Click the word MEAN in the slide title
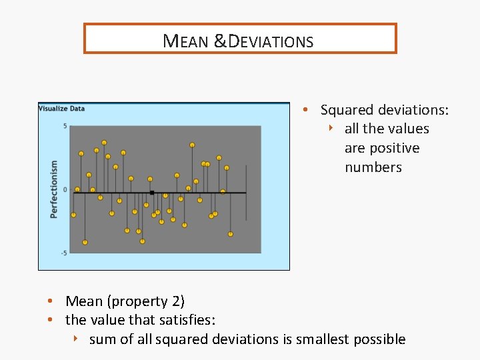pos(186,41)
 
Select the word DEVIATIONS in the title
pos(271,41)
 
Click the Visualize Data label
pos(62,109)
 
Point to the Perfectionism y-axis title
pos(54,189)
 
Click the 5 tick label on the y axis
pos(65,126)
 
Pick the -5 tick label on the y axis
pos(63,253)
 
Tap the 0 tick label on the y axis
pos(65,190)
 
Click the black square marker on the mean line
pos(152,193)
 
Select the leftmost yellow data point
pos(73,215)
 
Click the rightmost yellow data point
pos(231,234)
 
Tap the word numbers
pos(373,167)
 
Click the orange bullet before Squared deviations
pos(305,109)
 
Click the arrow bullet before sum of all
pos(77,339)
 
